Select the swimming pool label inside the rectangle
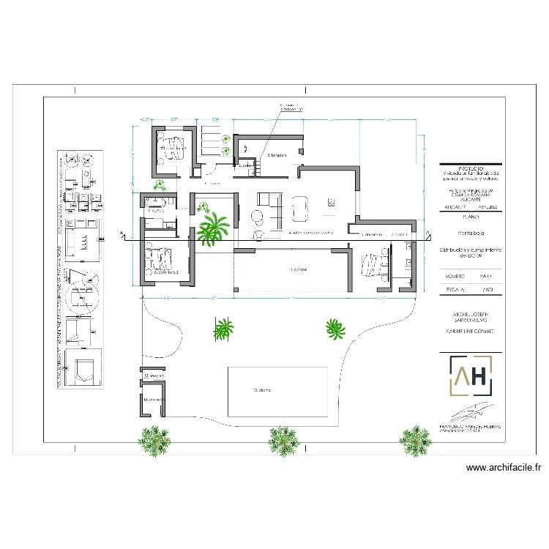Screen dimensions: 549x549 [x=262, y=390]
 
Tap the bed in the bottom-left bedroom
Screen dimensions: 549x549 [x=161, y=258]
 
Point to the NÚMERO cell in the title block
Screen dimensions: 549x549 [x=455, y=277]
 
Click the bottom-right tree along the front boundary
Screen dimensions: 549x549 [x=415, y=439]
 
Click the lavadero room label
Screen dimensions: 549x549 [x=275, y=155]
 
